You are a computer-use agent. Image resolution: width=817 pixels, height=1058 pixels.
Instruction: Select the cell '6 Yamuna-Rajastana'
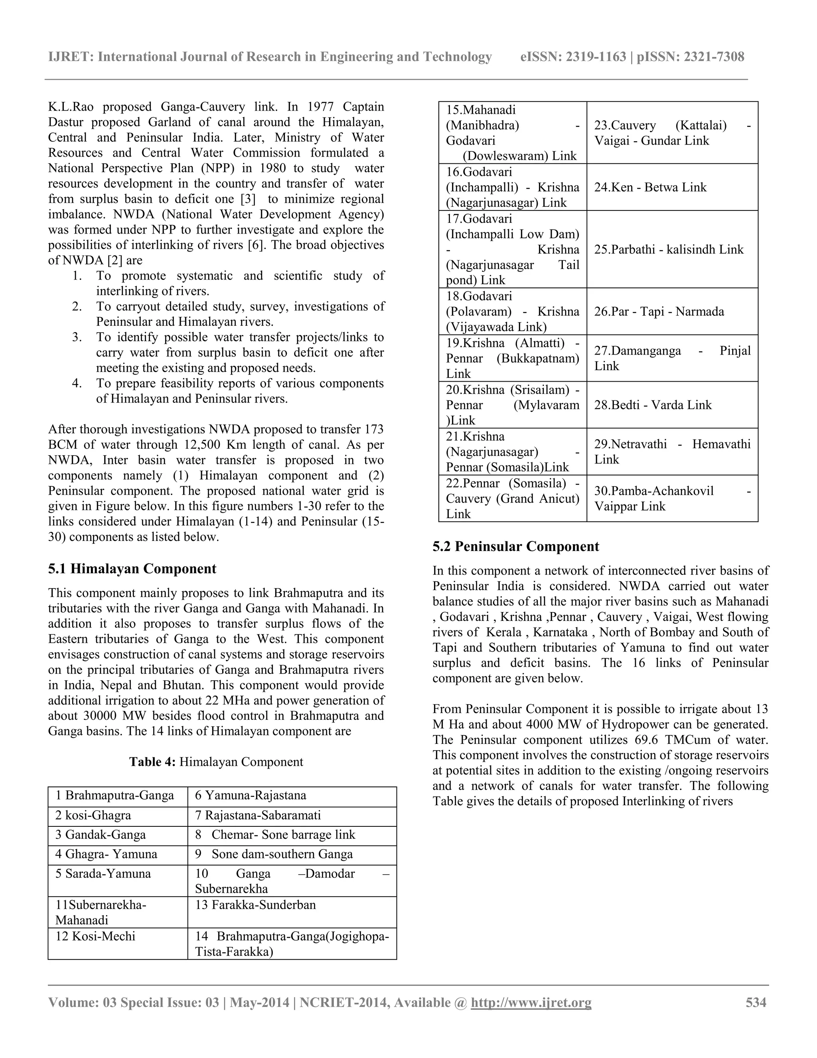pyautogui.click(x=250, y=795)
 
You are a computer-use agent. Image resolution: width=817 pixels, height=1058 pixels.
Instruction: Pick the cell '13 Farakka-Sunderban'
pyautogui.click(x=255, y=905)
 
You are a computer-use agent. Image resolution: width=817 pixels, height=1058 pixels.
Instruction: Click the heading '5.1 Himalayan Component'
pyautogui.click(x=132, y=569)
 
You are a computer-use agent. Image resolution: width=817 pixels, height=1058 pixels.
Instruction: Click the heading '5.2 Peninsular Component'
pyautogui.click(x=515, y=547)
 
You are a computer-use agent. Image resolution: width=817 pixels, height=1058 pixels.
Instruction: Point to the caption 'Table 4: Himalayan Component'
pyautogui.click(x=216, y=762)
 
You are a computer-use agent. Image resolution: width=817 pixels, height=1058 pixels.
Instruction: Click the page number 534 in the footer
pyautogui.click(x=756, y=1002)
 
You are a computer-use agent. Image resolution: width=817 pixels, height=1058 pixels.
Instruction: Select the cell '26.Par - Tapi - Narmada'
pyautogui.click(x=659, y=311)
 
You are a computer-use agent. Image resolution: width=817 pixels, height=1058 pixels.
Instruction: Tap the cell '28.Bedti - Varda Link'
pyautogui.click(x=652, y=404)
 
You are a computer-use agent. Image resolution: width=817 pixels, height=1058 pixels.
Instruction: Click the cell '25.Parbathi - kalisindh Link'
pyautogui.click(x=669, y=249)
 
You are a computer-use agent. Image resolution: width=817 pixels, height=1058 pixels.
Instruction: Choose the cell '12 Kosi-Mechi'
pyautogui.click(x=95, y=936)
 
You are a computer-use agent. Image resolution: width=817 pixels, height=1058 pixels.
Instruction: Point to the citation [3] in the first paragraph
pyautogui.click(x=247, y=199)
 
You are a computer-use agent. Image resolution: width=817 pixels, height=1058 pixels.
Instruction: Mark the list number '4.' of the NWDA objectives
pyautogui.click(x=77, y=383)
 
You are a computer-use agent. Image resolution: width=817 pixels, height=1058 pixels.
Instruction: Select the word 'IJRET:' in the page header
pyautogui.click(x=71, y=57)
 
